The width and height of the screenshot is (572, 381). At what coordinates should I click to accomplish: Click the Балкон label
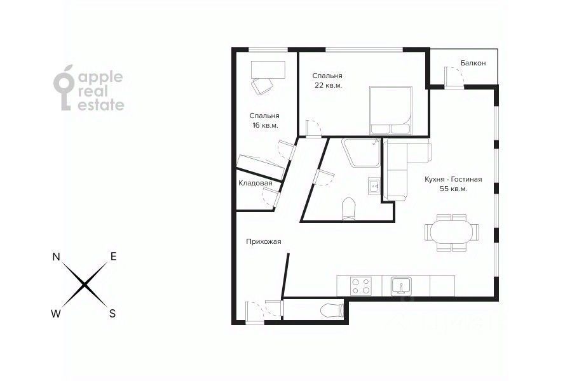[x=473, y=63]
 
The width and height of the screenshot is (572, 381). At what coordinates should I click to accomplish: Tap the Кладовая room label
[x=255, y=183]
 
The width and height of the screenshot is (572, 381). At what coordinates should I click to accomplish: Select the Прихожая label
[x=263, y=241]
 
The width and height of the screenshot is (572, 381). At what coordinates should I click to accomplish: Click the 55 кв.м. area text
[x=453, y=189]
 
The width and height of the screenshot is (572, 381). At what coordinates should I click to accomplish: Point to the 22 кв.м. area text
[x=329, y=86]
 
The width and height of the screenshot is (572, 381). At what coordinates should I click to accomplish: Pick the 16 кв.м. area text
[x=265, y=126]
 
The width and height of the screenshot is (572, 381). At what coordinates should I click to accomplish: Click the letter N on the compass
[x=56, y=257]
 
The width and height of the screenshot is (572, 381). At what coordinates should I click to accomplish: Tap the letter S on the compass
[x=112, y=313]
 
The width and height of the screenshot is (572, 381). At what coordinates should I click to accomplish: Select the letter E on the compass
[x=114, y=257]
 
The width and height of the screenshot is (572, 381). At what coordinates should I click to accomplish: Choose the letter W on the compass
[x=56, y=314]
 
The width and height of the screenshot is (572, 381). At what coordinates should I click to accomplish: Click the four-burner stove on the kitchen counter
[x=361, y=286]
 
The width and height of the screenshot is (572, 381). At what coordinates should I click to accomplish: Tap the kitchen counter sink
[x=401, y=286]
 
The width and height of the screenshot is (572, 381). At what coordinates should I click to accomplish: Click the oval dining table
[x=452, y=232]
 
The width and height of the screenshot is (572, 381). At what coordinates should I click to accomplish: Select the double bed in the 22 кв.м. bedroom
[x=391, y=110]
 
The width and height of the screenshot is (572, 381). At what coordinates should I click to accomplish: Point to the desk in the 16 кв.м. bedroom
[x=268, y=70]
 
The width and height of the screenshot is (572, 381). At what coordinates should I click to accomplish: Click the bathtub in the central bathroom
[x=361, y=152]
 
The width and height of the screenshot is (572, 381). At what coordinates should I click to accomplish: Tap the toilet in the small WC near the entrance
[x=332, y=311]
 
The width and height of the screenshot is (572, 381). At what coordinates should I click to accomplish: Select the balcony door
[x=454, y=78]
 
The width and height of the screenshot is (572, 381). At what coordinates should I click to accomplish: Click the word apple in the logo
[x=100, y=77]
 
